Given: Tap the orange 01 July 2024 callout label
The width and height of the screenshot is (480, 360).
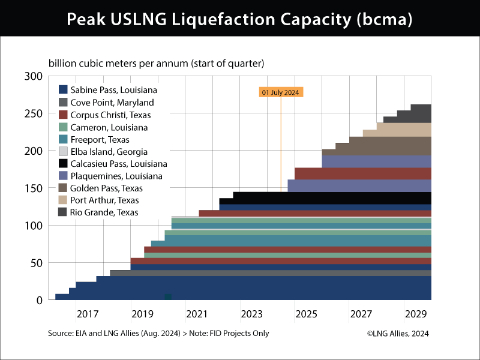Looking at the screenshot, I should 281,92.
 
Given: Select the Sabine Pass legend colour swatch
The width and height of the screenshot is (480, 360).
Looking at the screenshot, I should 62,90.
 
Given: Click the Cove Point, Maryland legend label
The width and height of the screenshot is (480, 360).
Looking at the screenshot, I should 112,103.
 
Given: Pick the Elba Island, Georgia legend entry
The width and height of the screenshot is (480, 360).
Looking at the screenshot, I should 108,151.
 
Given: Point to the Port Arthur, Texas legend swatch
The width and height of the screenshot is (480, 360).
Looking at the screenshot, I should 62,200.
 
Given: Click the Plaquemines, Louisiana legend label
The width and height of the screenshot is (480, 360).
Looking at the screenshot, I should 116,176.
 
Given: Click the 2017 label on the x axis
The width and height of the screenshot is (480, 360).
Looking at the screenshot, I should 88,314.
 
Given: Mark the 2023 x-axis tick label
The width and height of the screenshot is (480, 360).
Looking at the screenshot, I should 251,314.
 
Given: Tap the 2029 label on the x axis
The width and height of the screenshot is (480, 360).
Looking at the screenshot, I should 415,314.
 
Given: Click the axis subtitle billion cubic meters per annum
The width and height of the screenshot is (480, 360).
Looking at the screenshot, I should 157,63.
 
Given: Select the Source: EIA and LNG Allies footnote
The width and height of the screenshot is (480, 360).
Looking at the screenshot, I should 158,334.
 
